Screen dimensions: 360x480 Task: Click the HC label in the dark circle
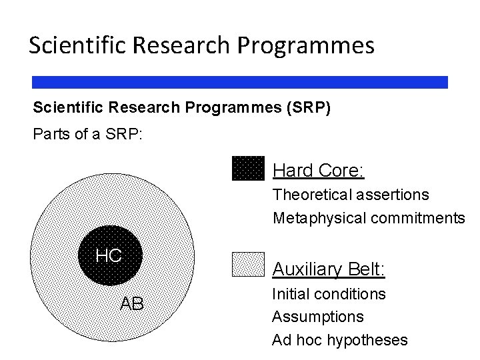[x=109, y=255]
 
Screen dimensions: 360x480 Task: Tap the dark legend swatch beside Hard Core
[x=248, y=168]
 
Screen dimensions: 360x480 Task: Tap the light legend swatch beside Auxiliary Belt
[x=248, y=264]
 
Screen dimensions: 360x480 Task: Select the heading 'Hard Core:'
[x=318, y=171]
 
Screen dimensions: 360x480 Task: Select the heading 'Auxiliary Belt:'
[x=329, y=269]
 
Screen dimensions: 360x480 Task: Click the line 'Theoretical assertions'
[x=351, y=195]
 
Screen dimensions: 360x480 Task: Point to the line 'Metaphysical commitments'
[x=369, y=218]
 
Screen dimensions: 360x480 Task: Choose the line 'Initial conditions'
[x=329, y=293]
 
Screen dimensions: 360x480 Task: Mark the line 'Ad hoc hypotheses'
[x=339, y=340]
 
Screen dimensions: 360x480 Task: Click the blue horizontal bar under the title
[x=240, y=82]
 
